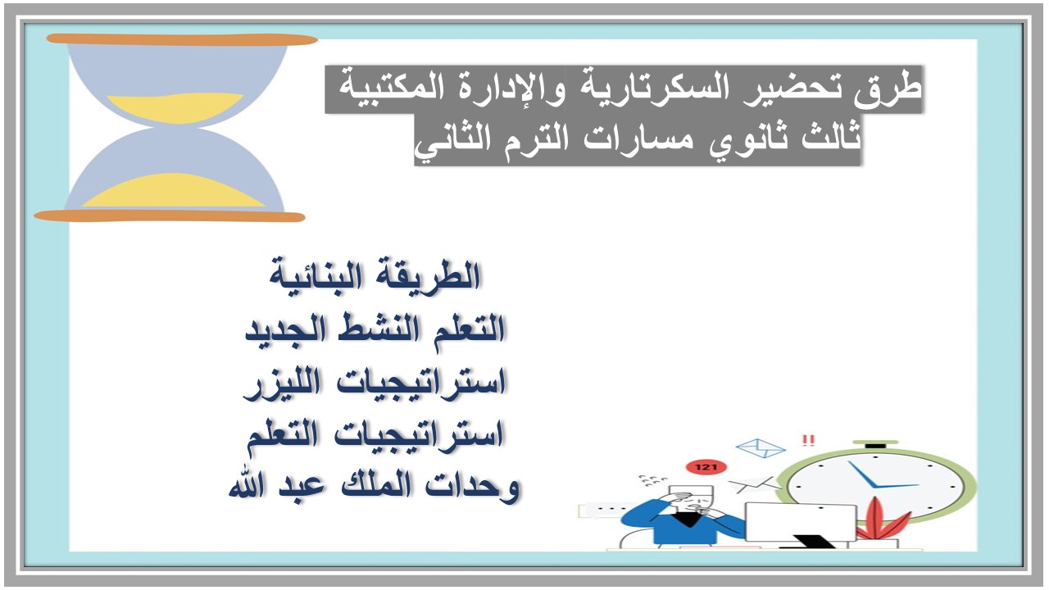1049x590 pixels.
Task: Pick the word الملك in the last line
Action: click(365, 487)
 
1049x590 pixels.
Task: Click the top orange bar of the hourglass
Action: click(182, 39)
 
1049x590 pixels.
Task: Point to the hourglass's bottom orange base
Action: click(170, 216)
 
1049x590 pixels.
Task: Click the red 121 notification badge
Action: click(706, 467)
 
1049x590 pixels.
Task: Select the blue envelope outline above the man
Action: click(761, 448)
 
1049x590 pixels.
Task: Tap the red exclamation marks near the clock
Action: click(809, 441)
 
